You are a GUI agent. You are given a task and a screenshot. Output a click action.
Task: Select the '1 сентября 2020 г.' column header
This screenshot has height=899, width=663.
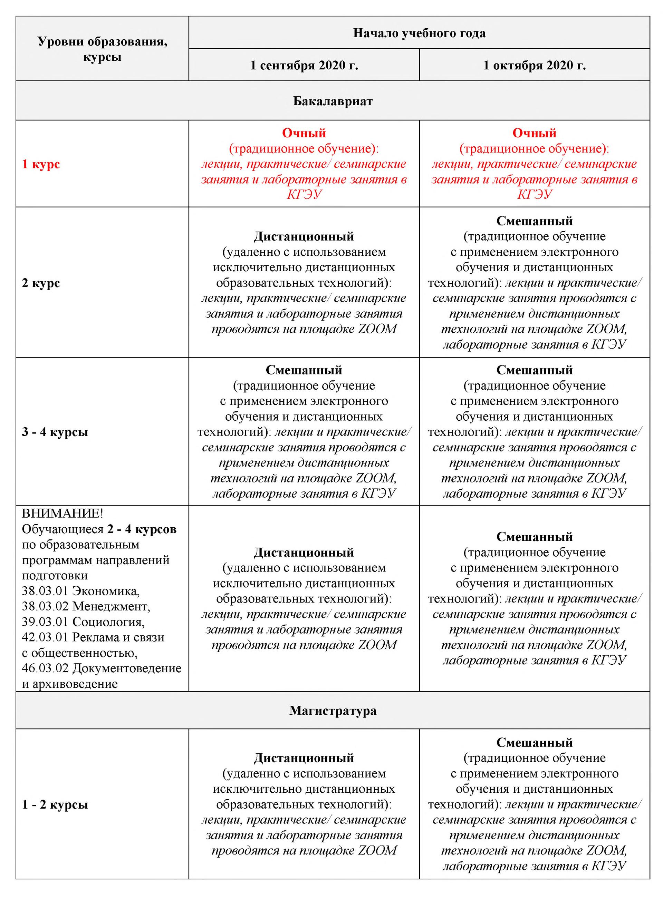pyautogui.click(x=304, y=65)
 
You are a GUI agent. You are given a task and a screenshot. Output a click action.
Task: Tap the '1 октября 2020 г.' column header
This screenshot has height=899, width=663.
pyautogui.click(x=534, y=65)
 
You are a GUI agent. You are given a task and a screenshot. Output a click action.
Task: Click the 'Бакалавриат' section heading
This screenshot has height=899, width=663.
pyautogui.click(x=333, y=101)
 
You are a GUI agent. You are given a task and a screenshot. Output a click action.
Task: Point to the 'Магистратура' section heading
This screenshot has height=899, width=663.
pyautogui.click(x=333, y=711)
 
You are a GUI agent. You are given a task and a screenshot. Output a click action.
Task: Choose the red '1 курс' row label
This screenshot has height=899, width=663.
pyautogui.click(x=41, y=164)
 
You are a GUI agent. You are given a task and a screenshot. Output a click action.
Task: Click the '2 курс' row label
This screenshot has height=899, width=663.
pyautogui.click(x=41, y=283)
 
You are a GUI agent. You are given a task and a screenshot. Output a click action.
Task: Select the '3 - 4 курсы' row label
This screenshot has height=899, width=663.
pyautogui.click(x=55, y=432)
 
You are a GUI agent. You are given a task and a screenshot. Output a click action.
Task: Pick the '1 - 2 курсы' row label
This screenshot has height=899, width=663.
pyautogui.click(x=55, y=804)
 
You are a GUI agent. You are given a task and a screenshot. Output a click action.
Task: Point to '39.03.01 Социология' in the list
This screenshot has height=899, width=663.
pyautogui.click(x=83, y=622)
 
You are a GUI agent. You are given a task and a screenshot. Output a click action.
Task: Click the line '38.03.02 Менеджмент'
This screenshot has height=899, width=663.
pyautogui.click(x=86, y=606)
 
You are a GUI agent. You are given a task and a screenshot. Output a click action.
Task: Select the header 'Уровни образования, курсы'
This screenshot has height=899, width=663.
pyautogui.click(x=102, y=49)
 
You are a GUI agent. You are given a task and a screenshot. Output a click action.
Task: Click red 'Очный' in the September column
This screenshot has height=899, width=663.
pyautogui.click(x=304, y=133)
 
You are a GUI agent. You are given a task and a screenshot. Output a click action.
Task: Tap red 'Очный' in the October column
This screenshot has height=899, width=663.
pyautogui.click(x=534, y=133)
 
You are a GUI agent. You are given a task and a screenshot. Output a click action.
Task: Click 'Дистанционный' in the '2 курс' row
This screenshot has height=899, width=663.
pyautogui.click(x=304, y=236)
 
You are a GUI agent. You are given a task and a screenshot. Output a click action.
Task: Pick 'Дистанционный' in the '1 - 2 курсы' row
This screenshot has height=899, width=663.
pyautogui.click(x=304, y=758)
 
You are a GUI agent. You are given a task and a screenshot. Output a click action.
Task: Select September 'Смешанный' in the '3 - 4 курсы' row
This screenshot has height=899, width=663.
pyautogui.click(x=304, y=370)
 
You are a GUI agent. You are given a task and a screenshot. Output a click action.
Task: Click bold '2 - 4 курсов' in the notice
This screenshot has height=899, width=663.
pyautogui.click(x=142, y=529)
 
